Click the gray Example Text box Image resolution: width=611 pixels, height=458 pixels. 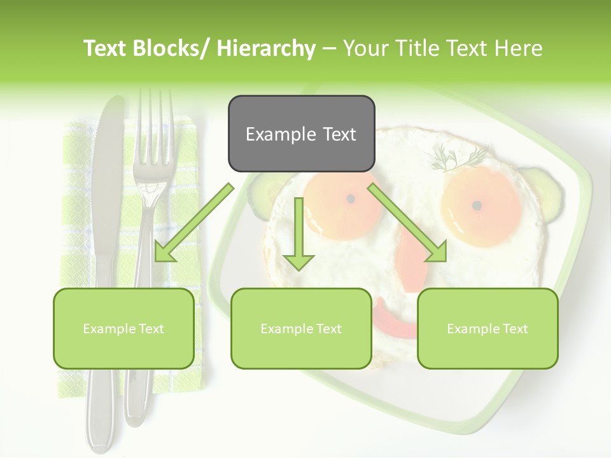301,134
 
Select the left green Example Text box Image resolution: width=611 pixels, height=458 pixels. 123,329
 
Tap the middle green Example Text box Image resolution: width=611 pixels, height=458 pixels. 301,329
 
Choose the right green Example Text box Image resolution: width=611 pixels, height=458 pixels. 488,329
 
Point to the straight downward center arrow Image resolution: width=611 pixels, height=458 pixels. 298,235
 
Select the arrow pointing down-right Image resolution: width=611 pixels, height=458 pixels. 407,223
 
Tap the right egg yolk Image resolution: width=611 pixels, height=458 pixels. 477,205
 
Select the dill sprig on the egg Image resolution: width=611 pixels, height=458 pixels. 458,157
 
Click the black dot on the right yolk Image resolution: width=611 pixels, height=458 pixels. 477,205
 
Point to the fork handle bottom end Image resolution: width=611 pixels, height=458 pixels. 135,417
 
